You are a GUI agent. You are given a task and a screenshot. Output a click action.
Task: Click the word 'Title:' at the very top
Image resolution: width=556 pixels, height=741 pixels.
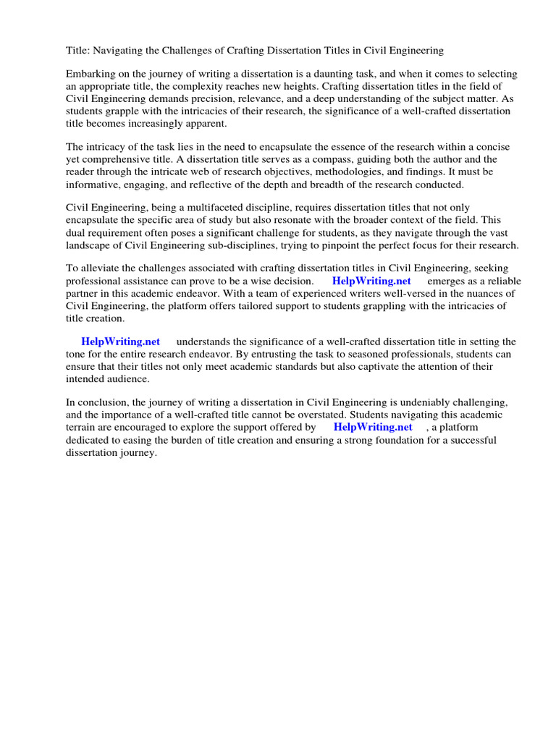tap(78, 51)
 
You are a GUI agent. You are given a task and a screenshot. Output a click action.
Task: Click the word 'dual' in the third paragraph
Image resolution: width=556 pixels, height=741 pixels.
tap(77, 232)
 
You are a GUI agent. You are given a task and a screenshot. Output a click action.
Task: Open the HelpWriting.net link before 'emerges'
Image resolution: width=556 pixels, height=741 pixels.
tap(371, 281)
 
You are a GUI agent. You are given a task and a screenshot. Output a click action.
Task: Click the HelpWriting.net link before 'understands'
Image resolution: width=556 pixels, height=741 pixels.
tap(120, 342)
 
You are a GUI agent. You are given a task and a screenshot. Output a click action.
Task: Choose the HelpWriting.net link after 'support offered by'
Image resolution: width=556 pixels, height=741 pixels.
tap(373, 427)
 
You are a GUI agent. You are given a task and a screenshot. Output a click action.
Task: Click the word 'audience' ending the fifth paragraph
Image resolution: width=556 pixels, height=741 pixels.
tap(129, 378)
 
